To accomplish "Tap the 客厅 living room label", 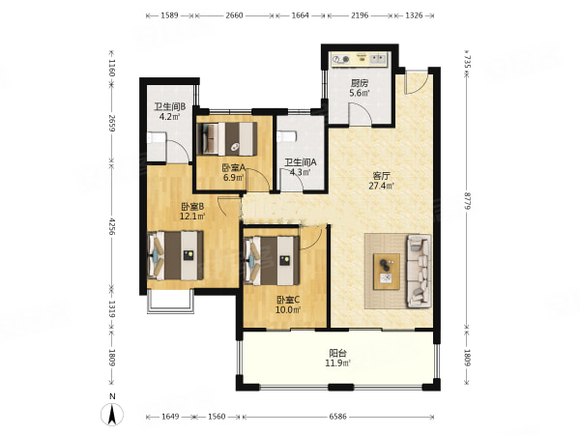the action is point(381,175).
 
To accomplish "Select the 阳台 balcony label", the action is point(337,353).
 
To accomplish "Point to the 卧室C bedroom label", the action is point(288,300).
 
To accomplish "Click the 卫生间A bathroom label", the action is point(301,162).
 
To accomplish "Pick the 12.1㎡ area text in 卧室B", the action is point(192,216).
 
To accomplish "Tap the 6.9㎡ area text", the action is point(233,177).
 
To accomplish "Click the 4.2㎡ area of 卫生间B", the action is point(170,117).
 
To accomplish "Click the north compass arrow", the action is point(112,414).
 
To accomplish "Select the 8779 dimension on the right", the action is point(467,201).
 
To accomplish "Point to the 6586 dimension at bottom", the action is point(337,417).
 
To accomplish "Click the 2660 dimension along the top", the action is point(234,15).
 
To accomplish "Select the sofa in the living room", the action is point(420,271).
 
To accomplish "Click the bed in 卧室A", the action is point(227,138).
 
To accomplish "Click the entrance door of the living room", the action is point(418,82).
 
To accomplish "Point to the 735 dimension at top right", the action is point(467,62).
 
